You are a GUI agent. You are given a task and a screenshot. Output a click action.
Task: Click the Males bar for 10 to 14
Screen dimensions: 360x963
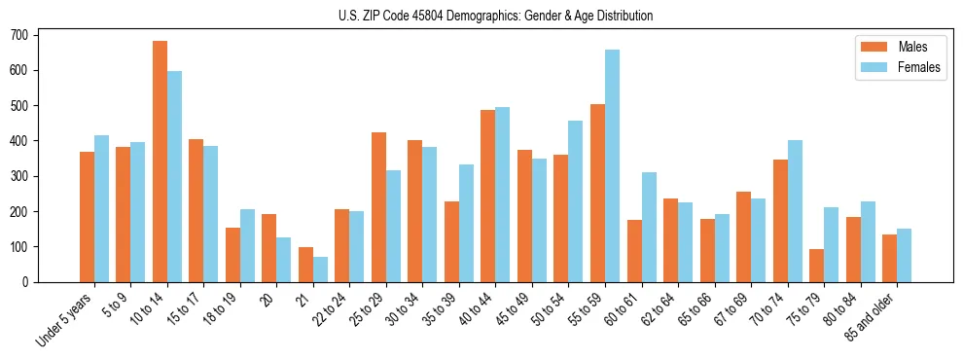(x=160, y=162)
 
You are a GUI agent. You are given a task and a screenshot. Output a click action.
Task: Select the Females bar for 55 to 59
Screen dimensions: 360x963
(x=612, y=165)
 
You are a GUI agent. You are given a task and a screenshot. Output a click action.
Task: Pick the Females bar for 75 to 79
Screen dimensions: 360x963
(x=831, y=244)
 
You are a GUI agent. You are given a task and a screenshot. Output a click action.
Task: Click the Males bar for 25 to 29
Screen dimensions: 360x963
(x=378, y=207)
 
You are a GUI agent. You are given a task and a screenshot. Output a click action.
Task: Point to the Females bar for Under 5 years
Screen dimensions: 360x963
(x=101, y=208)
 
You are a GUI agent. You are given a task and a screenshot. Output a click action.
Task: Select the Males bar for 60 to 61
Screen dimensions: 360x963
(x=634, y=251)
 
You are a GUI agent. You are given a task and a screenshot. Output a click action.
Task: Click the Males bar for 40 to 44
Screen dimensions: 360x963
(x=488, y=196)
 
